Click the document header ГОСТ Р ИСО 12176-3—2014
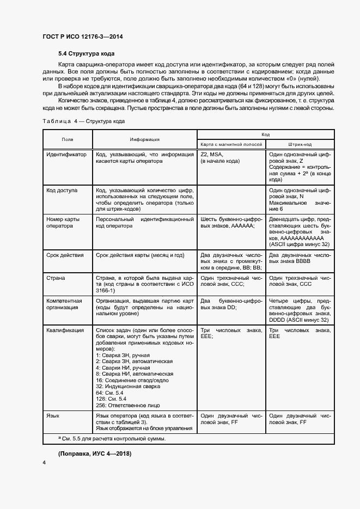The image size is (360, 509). tap(82, 36)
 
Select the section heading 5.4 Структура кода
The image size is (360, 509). tap(86, 54)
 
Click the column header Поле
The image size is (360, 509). tap(68, 139)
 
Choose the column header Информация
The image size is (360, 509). tap(144, 139)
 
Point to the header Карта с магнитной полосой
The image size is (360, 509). tap(231, 144)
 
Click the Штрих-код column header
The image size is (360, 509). tap(300, 144)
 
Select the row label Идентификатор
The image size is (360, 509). tap(66, 155)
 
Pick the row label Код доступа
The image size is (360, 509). tap(62, 191)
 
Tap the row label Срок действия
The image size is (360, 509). tap(65, 255)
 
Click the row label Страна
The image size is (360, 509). tap(56, 278)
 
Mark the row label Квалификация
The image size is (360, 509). tap(65, 330)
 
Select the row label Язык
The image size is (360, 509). tap(53, 415)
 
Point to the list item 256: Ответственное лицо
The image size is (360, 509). tap(127, 405)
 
